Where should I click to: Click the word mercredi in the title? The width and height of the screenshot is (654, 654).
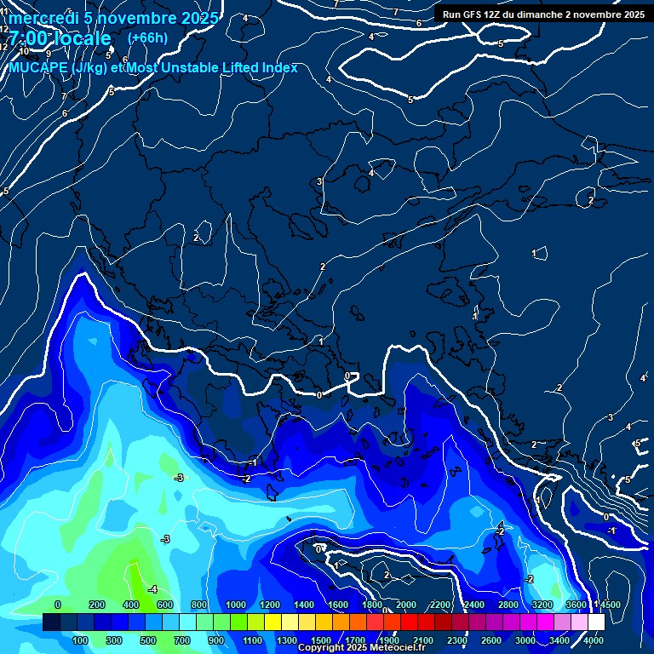click(x=40, y=18)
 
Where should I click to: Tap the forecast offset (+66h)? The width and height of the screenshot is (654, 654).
click(x=146, y=38)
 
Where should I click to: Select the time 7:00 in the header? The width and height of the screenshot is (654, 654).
click(x=29, y=39)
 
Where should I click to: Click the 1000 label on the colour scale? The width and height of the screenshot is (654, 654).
click(x=235, y=605)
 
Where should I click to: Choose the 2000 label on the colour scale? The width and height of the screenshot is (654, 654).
click(x=405, y=605)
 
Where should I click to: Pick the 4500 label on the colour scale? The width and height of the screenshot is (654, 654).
click(x=609, y=605)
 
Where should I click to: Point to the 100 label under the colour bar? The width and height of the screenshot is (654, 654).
click(x=80, y=640)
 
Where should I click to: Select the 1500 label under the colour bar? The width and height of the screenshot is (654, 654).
click(x=320, y=640)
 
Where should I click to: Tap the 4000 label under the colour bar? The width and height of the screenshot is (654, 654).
click(x=594, y=640)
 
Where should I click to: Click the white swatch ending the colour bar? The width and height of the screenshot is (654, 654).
click(x=596, y=622)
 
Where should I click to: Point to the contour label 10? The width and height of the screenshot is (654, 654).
click(x=25, y=51)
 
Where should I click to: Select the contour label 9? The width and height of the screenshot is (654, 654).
click(x=48, y=54)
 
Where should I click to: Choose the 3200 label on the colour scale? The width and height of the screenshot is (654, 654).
click(x=542, y=605)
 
